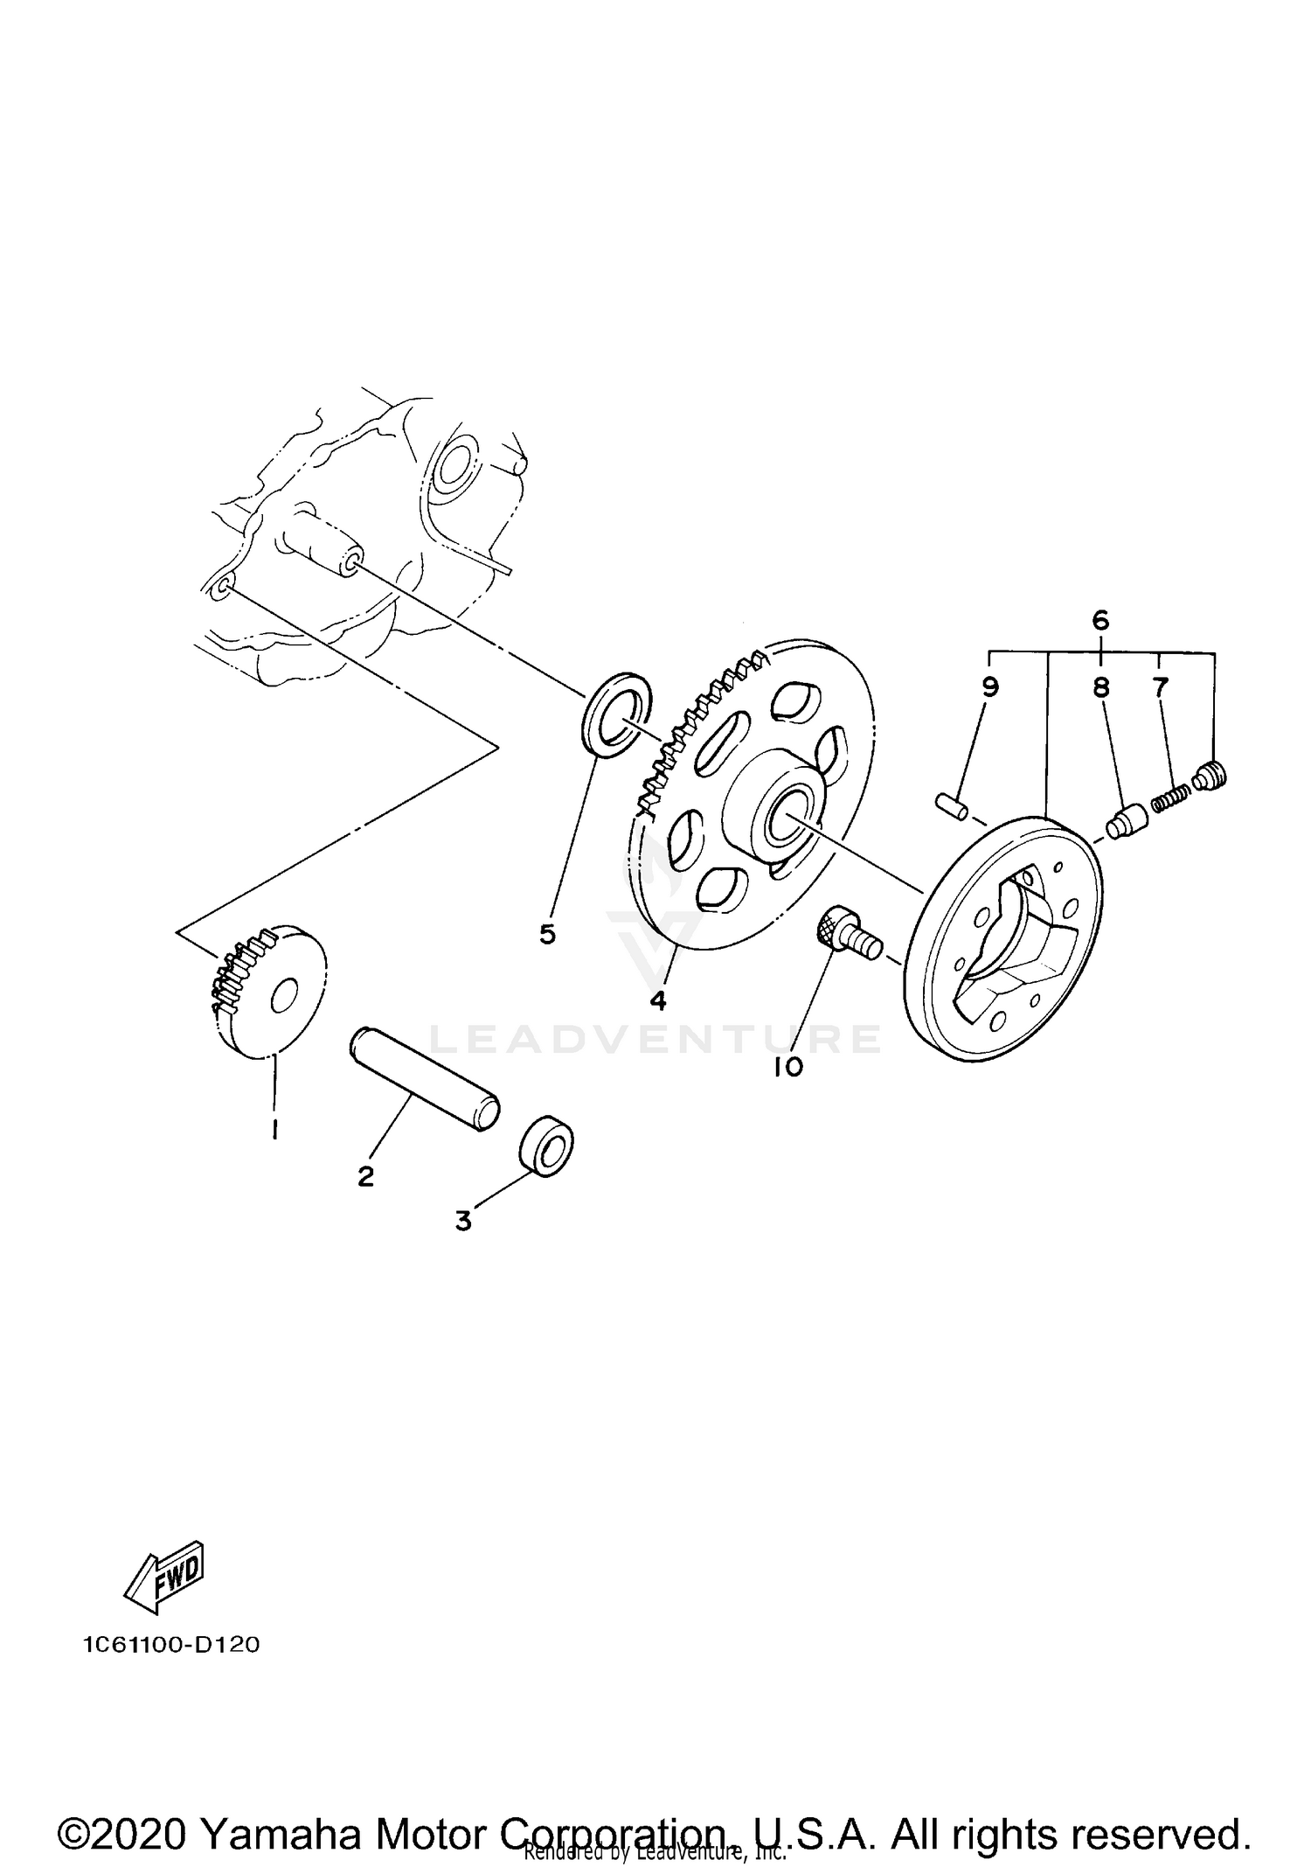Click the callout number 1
[x=275, y=1131]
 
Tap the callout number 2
[x=365, y=1176]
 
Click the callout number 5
[x=547, y=935]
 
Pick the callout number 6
[x=1100, y=621]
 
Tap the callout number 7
[x=1160, y=687]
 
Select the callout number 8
[x=1100, y=687]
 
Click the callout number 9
[x=989, y=687]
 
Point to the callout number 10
[x=788, y=1067]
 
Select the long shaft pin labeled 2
[x=425, y=1082]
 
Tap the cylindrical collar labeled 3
[x=547, y=1146]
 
